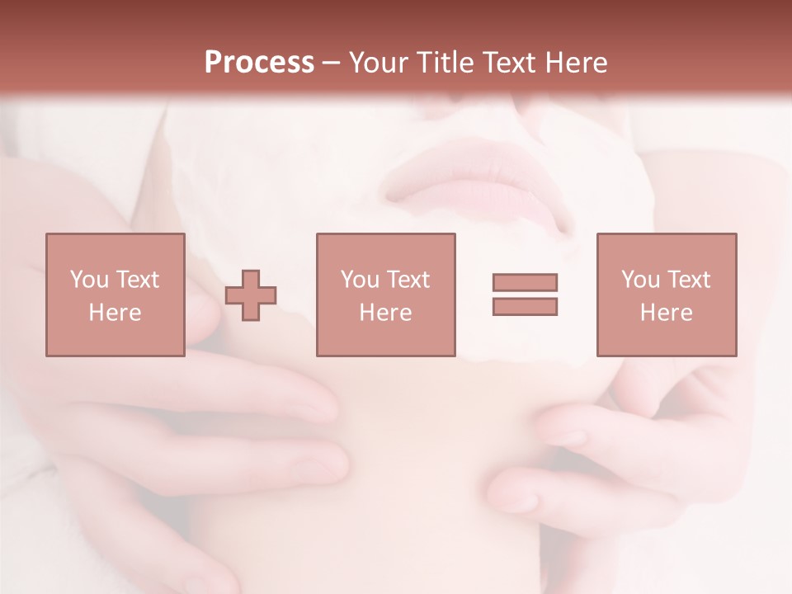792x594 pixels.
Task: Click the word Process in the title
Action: pyautogui.click(x=259, y=63)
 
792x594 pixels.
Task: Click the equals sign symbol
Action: pyautogui.click(x=525, y=295)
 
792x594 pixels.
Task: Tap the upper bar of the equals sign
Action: pyautogui.click(x=525, y=283)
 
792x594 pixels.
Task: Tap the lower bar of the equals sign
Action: pyautogui.click(x=525, y=306)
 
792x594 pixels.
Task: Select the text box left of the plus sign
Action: pyautogui.click(x=115, y=295)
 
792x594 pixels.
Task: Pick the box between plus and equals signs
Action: pyautogui.click(x=385, y=295)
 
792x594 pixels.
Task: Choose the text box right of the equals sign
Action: pyautogui.click(x=666, y=295)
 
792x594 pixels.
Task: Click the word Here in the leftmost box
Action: pyautogui.click(x=115, y=313)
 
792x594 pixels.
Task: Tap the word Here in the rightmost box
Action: pyautogui.click(x=666, y=313)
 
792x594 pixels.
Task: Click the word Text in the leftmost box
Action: pyautogui.click(x=137, y=280)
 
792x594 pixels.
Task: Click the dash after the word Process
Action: pyautogui.click(x=332, y=63)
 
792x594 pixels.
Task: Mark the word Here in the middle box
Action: pyautogui.click(x=385, y=313)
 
